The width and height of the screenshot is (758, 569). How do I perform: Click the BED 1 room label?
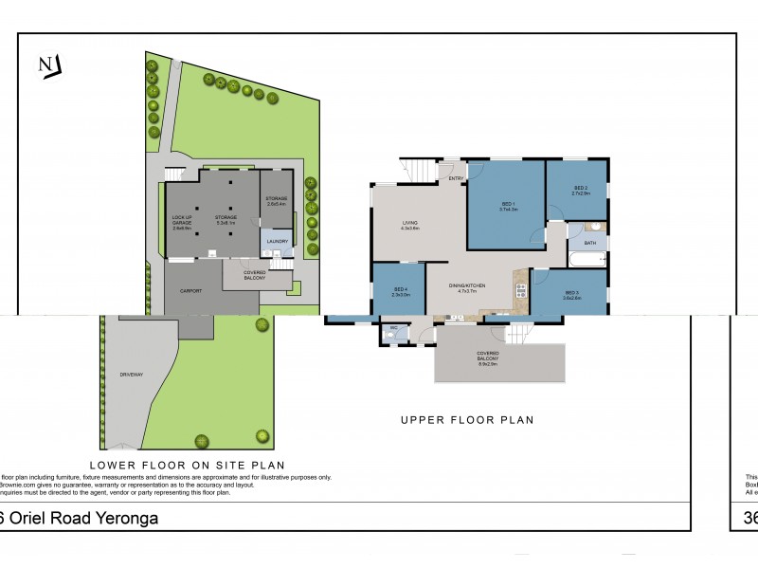pyautogui.click(x=508, y=206)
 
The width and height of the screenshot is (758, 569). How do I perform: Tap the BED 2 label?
pyautogui.click(x=580, y=190)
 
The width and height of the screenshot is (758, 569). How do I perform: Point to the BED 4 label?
pyautogui.click(x=400, y=290)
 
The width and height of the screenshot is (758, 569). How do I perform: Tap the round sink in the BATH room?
pyautogui.click(x=594, y=227)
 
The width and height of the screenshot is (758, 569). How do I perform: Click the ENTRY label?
pyautogui.click(x=456, y=178)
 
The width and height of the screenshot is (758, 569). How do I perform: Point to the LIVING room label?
pyautogui.click(x=409, y=224)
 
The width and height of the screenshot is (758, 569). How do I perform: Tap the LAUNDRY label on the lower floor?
pyautogui.click(x=277, y=241)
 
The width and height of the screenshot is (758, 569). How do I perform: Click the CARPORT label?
pyautogui.click(x=190, y=290)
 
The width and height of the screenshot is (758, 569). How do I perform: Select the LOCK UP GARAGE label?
pyautogui.click(x=182, y=221)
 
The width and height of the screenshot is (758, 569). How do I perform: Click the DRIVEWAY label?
pyautogui.click(x=131, y=375)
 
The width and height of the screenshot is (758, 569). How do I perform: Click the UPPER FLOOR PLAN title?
pyautogui.click(x=467, y=419)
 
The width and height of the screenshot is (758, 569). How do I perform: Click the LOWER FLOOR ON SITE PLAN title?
pyautogui.click(x=187, y=465)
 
